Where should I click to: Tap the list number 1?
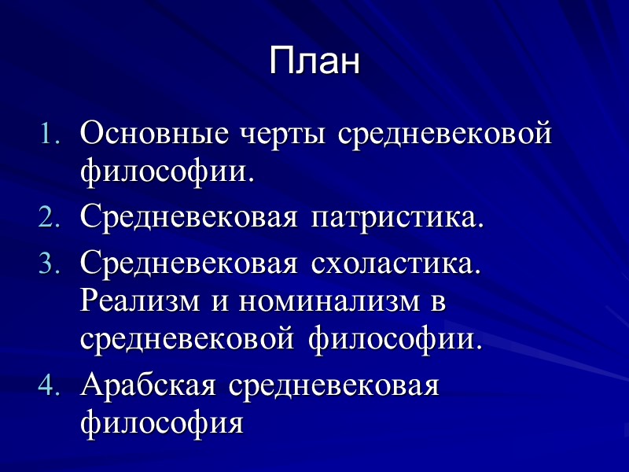click(50, 135)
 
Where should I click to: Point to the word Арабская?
click(149, 386)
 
